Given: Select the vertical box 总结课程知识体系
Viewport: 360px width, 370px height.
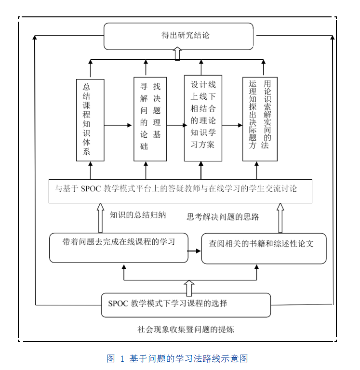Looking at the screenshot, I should [x=90, y=120].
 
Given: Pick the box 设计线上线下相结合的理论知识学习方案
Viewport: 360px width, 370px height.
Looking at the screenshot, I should [x=203, y=118].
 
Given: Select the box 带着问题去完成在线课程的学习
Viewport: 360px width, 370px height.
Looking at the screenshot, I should [x=119, y=248].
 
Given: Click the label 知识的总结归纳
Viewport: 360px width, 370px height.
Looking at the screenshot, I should [x=137, y=215].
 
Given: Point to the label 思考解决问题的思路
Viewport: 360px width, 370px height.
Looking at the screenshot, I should [x=223, y=217].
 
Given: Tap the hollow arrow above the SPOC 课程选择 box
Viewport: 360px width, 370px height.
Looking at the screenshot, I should [x=189, y=288].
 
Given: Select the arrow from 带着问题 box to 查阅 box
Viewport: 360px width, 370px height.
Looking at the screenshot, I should [x=194, y=251].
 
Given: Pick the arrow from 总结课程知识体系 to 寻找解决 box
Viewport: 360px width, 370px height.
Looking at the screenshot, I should [x=119, y=125].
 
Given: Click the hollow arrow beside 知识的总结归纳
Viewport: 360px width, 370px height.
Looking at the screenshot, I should [x=100, y=218].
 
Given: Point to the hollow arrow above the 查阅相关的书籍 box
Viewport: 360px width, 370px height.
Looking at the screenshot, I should [x=280, y=218].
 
